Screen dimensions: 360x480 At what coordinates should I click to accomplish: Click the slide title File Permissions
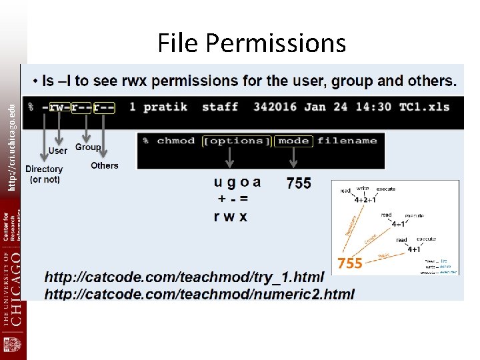pos(251,43)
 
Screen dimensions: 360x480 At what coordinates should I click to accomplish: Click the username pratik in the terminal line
pos(165,107)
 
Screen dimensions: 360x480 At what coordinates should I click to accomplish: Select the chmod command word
pos(176,141)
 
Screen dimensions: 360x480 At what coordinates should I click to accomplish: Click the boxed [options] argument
pos(237,141)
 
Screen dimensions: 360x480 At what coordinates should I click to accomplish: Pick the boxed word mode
pos(293,141)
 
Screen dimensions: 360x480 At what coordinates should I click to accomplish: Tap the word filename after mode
pos(347,141)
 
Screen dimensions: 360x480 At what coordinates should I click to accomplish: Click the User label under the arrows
pos(58,151)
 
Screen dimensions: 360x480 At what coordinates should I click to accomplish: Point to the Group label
pos(88,147)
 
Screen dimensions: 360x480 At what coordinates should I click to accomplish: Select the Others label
pos(105,165)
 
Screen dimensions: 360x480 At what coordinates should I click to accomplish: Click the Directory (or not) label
pos(44,174)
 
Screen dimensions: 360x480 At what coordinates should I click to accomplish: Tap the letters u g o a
pos(237,182)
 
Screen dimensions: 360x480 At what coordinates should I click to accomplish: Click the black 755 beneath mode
pos(299,183)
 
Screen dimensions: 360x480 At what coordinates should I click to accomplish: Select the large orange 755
pos(350,263)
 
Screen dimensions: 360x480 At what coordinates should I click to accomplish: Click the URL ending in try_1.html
pos(184,277)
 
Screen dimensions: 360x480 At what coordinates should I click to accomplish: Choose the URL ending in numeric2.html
pos(199,293)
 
